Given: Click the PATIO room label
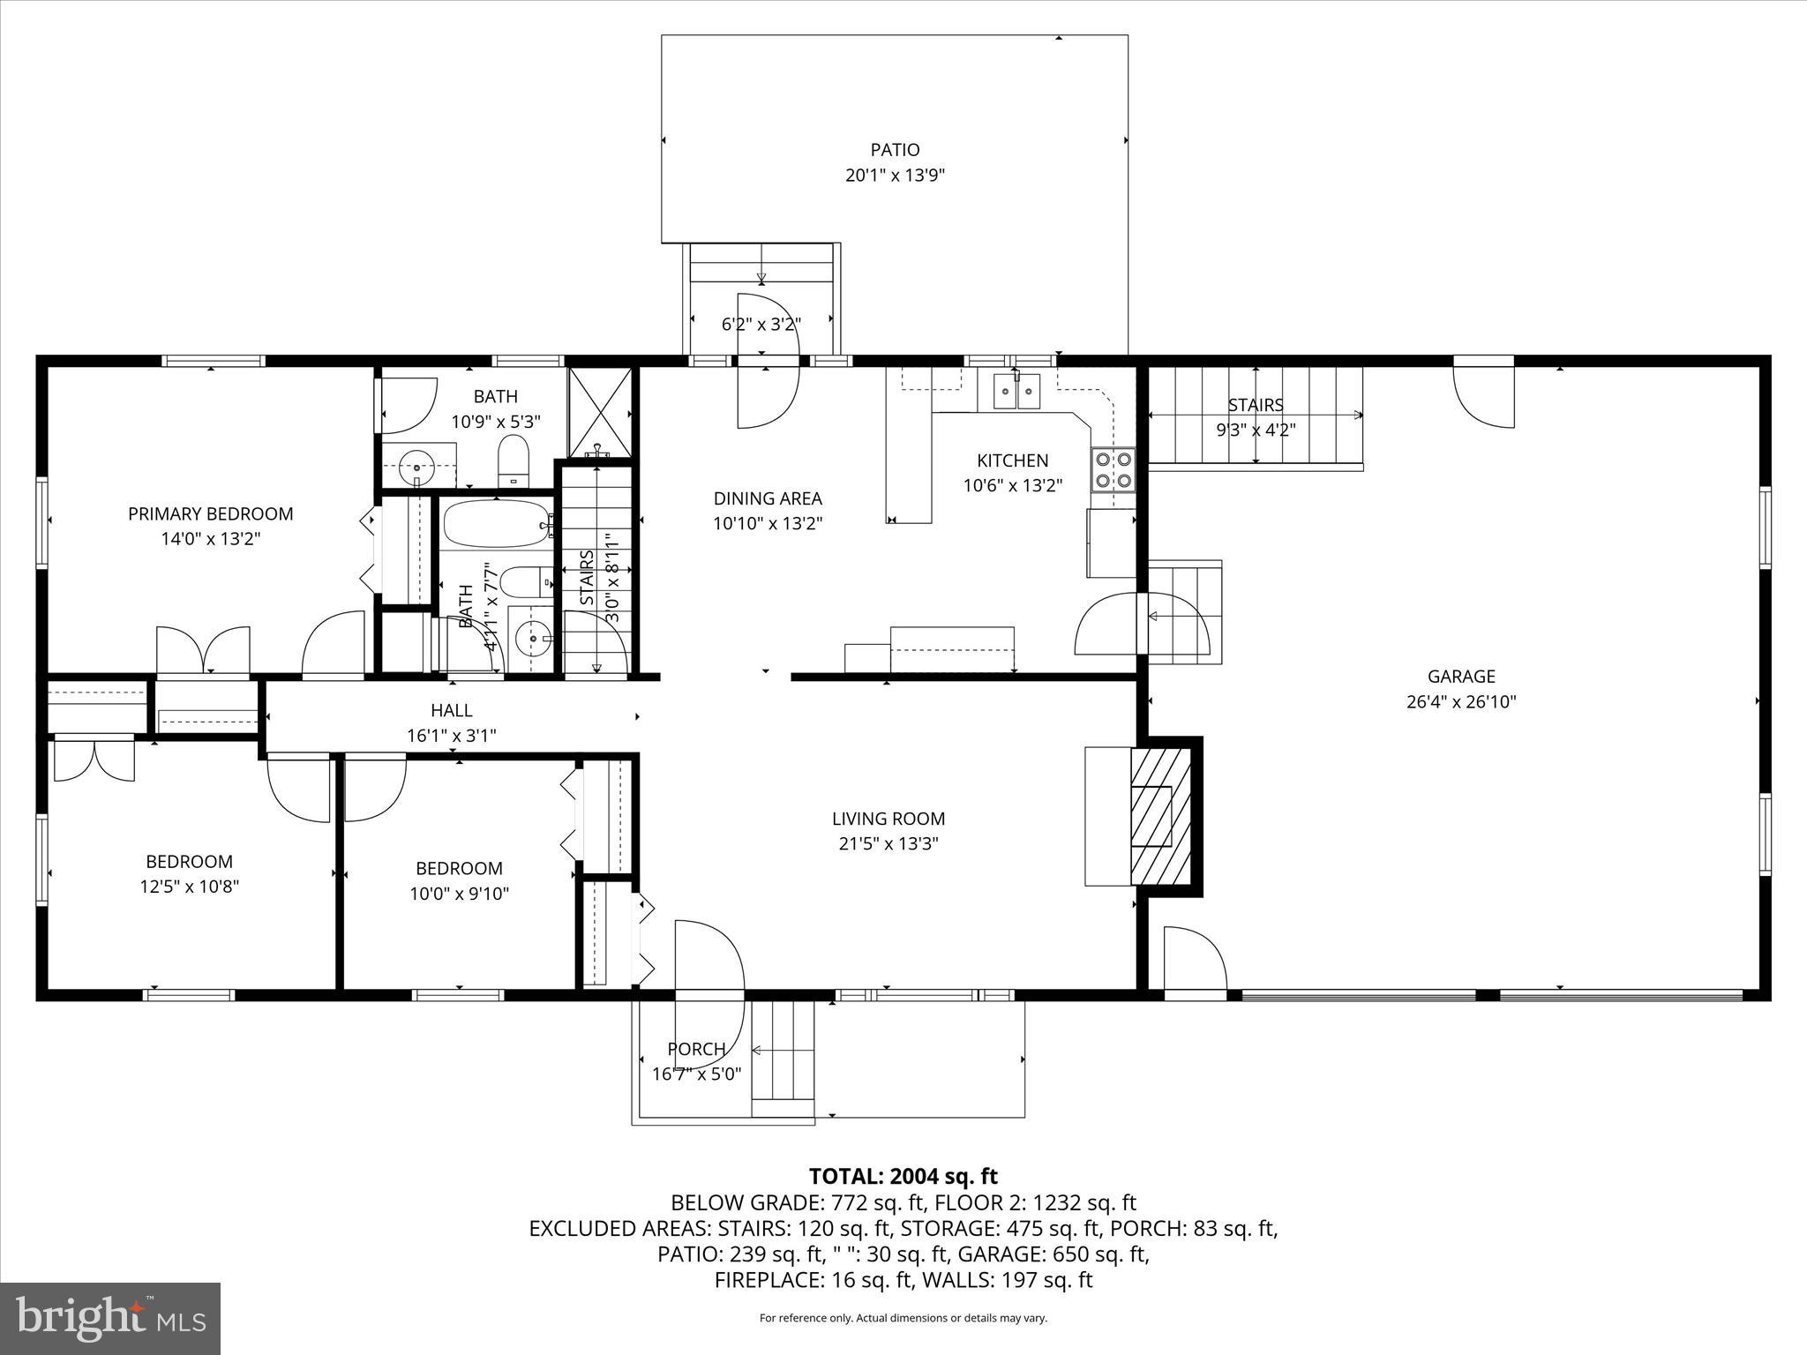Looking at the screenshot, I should click(895, 150).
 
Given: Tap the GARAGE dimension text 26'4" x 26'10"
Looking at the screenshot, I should click(1461, 702).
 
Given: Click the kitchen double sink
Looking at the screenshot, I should click(1016, 392).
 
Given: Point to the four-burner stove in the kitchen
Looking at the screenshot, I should click(1113, 469).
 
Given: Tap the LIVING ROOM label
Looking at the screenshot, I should click(888, 819).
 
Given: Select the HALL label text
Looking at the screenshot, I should click(451, 710).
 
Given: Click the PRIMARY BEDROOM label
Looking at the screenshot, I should click(210, 513).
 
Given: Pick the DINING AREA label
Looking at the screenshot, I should click(768, 498).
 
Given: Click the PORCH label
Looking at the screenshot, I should click(696, 1049).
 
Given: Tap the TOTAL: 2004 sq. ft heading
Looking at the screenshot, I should click(903, 1176).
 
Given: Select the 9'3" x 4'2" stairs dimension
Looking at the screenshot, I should click(1255, 430).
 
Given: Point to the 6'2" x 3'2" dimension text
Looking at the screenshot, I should click(761, 325).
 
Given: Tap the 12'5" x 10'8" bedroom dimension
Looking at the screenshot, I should click(190, 887).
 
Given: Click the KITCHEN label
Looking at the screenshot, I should click(1012, 460).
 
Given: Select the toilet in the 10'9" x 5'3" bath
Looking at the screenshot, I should click(513, 460).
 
